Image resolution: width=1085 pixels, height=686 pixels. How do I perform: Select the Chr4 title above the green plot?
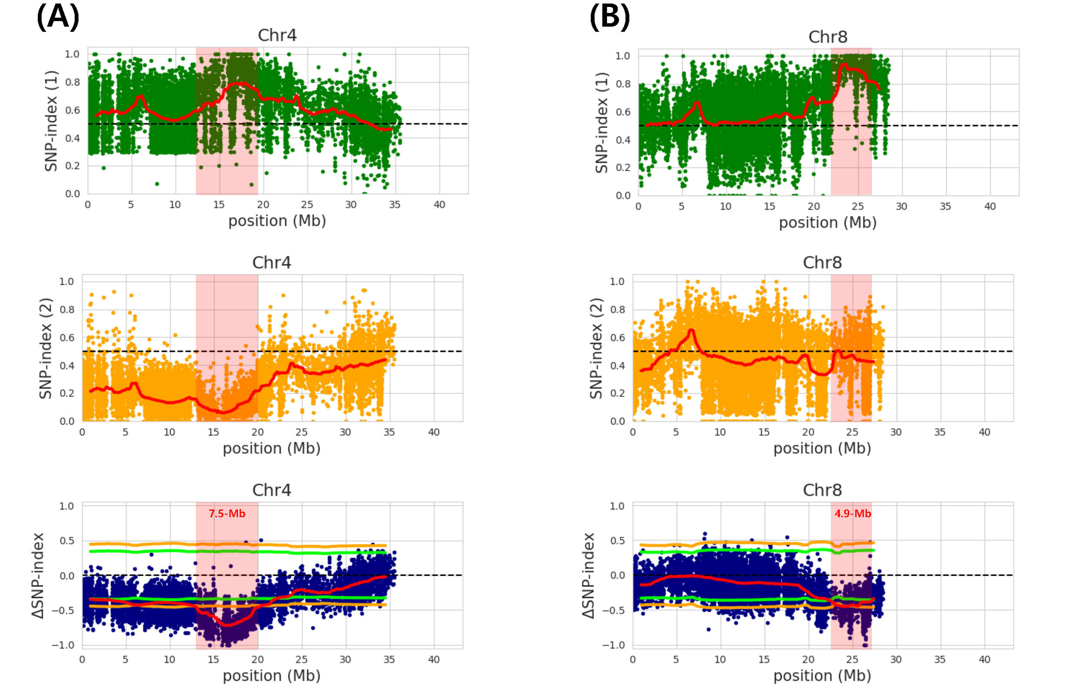pos(277,35)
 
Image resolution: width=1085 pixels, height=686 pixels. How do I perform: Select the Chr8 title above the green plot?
pos(828,37)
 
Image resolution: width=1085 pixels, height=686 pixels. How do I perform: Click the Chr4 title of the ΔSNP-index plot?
pos(272,490)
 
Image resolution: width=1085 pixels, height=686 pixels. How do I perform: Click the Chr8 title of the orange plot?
pos(822,263)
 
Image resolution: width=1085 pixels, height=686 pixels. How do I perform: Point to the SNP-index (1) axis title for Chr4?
pos(51,121)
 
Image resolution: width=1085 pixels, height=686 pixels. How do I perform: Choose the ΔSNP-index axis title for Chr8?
pos(589,576)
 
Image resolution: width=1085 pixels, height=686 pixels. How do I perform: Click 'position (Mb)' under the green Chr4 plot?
pos(277,221)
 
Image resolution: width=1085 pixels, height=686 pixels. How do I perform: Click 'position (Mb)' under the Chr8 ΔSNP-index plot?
pos(822,676)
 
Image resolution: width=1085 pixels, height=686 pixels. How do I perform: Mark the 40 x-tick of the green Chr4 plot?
pos(439,205)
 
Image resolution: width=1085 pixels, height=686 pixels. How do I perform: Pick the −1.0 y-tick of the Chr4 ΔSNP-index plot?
pos(63,645)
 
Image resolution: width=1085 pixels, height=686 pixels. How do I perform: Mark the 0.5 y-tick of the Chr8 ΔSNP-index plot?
pos(618,541)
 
